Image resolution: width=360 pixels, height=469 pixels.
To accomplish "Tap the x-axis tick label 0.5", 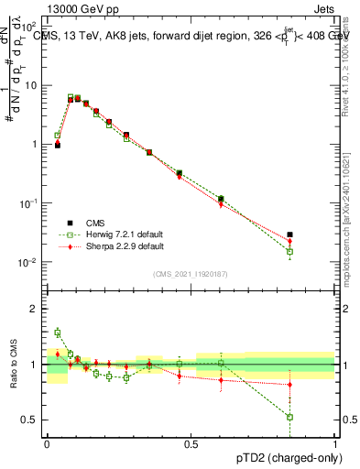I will (191, 442).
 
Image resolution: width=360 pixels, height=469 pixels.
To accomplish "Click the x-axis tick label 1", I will (334, 442).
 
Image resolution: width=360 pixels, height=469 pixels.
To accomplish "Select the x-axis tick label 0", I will (47, 442).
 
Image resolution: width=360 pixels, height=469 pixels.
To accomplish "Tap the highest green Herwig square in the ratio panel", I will (57, 333).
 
